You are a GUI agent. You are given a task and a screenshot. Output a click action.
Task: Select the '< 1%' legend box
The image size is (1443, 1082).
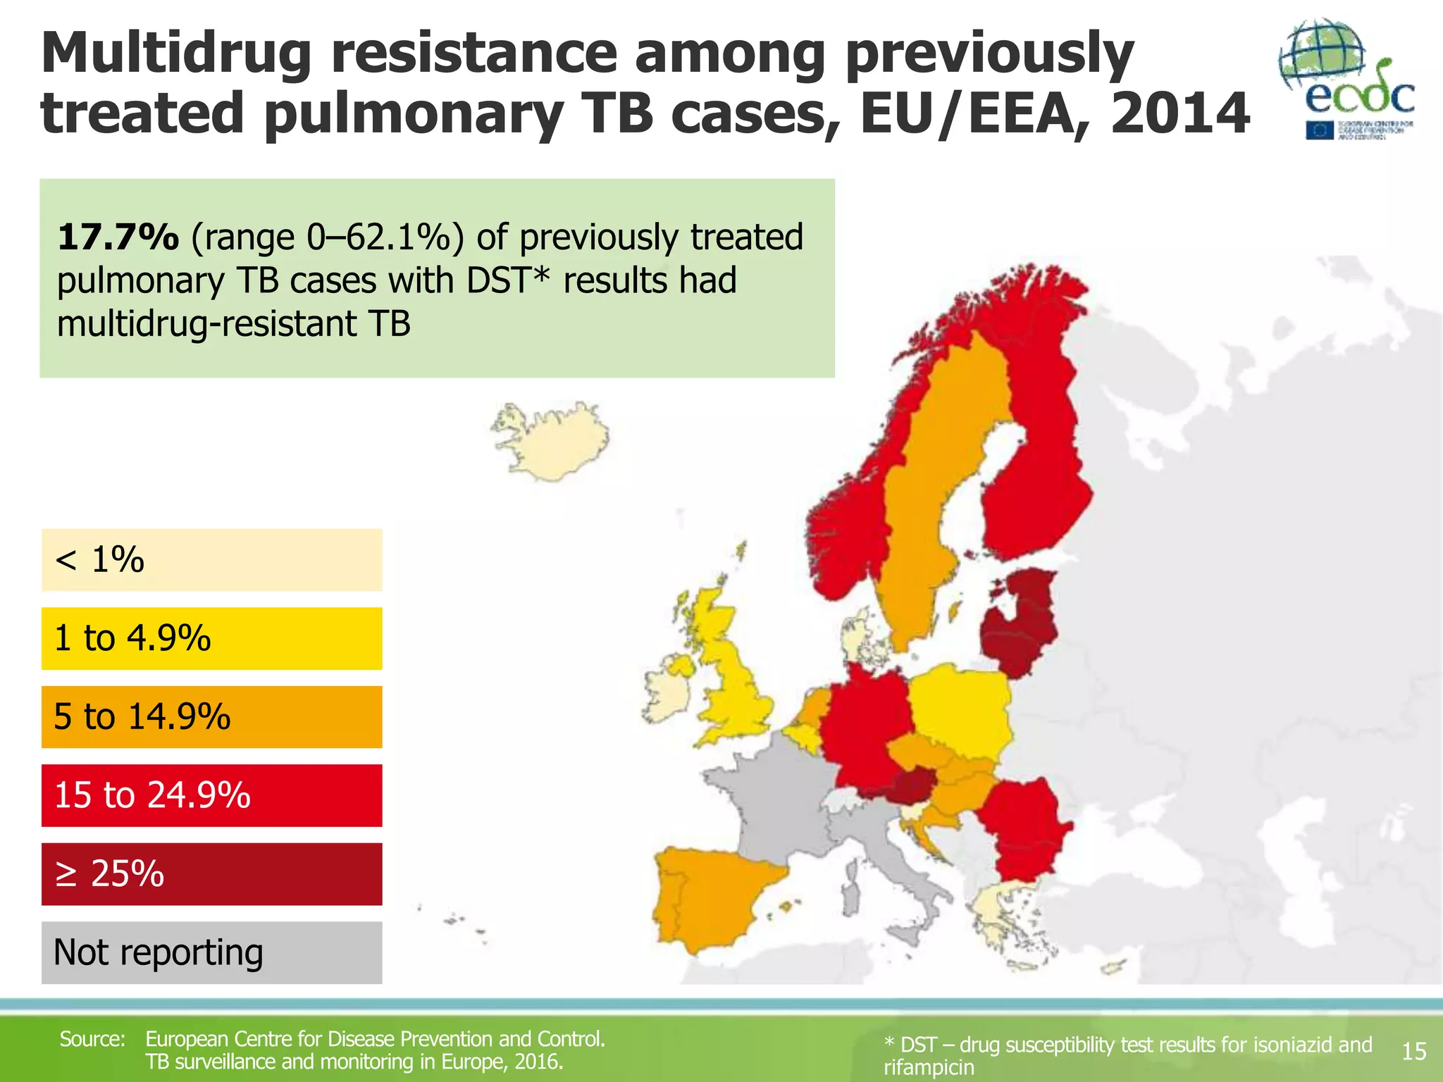coord(211,560)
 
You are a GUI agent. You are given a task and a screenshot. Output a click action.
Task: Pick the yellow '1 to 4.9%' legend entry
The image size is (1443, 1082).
coord(211,638)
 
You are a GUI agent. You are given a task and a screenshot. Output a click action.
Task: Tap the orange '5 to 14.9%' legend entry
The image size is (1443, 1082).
coord(211,717)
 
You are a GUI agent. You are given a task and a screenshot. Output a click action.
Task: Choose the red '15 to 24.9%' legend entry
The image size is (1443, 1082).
coord(211,795)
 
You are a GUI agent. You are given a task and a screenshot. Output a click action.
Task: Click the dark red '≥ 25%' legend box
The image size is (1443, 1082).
coord(211,874)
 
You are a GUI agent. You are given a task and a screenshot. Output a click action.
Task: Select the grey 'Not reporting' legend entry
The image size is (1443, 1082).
coord(211,952)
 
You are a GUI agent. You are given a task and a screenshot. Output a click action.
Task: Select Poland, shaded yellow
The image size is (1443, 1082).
coord(962,711)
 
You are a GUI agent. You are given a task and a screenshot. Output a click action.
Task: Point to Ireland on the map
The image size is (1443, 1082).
coord(666,694)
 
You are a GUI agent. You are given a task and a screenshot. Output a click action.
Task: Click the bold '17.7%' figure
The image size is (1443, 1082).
coord(118,237)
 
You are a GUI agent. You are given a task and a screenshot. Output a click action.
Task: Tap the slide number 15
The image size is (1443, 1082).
coord(1413,1052)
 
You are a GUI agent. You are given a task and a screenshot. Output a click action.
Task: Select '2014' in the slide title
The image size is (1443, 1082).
coord(1180,114)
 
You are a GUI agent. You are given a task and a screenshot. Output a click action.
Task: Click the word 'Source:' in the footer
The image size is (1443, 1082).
coord(92,1039)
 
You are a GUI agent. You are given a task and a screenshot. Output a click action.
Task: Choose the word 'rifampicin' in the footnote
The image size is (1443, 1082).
coord(929,1068)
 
